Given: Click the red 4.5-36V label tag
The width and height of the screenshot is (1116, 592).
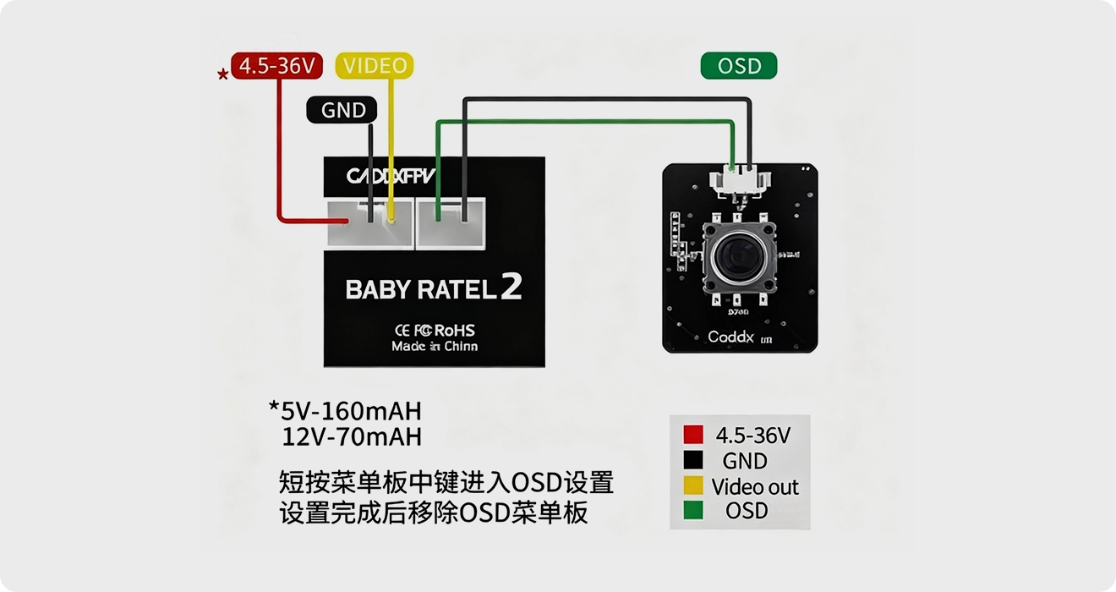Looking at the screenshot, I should tap(276, 66).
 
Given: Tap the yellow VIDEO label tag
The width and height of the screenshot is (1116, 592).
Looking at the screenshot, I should tap(375, 66).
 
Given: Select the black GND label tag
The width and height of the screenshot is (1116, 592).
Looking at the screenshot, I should tap(343, 110).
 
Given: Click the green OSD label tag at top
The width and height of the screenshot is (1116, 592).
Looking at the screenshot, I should tap(739, 66).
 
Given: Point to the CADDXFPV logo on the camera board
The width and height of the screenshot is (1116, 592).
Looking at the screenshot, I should tap(391, 176).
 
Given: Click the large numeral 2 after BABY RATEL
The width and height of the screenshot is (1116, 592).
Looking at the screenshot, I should tap(511, 288).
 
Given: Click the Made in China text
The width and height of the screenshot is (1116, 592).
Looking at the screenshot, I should tap(435, 347).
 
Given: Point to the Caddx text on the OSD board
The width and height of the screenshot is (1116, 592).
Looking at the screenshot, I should tap(730, 337).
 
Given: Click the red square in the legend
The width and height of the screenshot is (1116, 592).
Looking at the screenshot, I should tap(693, 435).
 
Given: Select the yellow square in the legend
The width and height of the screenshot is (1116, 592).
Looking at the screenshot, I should tap(693, 485).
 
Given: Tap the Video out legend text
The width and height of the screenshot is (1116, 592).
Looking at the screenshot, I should tap(755, 486).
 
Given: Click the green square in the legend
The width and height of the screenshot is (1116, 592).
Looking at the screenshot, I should tap(693, 510).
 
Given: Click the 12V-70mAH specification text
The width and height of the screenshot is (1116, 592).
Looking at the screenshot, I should tap(351, 437).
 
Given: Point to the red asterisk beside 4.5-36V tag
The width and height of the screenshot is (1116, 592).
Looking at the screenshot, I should tap(222, 75).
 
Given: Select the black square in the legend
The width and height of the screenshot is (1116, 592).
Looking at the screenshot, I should tap(693, 460).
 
